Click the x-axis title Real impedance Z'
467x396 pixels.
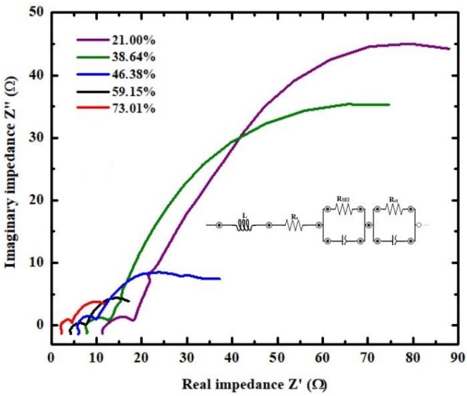(x=254, y=385)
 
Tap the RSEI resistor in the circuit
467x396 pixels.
(x=342, y=209)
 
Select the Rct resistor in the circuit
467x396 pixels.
(x=394, y=209)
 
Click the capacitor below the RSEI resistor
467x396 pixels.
(x=342, y=242)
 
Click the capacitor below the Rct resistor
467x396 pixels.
(x=394, y=242)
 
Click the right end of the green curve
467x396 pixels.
(x=389, y=104)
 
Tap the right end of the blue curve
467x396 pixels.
(x=220, y=278)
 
